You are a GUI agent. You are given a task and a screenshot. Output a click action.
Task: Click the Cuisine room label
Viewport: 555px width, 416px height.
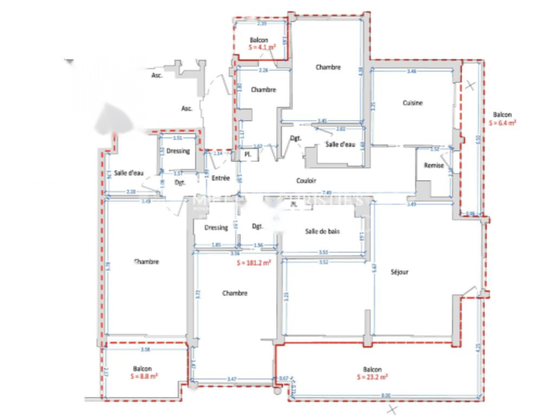412,103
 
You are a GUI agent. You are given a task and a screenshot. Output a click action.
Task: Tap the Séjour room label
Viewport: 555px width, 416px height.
399,272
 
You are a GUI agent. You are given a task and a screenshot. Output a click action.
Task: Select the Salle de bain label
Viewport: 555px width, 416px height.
322,231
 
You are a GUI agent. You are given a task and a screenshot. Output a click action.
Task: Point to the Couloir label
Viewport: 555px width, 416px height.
306,180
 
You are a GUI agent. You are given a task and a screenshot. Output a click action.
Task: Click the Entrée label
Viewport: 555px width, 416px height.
221,178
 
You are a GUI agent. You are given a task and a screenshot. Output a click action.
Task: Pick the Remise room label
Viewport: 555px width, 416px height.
434,166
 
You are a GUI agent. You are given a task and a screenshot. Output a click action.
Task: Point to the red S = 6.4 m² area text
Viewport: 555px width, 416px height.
502,122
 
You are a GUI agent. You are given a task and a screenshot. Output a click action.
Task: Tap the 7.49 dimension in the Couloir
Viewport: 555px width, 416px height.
326,193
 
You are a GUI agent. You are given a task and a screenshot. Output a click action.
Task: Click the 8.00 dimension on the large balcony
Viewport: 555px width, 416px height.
385,395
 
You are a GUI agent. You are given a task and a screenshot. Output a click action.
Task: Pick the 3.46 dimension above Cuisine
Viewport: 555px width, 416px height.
411,71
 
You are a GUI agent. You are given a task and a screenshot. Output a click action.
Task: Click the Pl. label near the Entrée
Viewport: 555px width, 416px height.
248,154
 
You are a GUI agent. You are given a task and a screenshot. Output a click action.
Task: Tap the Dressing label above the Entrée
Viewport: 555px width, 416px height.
178,151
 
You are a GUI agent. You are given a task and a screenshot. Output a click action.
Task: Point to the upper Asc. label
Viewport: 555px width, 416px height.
157,75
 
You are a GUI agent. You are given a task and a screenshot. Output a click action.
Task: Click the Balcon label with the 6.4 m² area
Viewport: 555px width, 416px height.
502,115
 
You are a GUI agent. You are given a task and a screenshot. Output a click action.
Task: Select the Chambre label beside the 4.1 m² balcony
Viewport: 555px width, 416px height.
263,90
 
